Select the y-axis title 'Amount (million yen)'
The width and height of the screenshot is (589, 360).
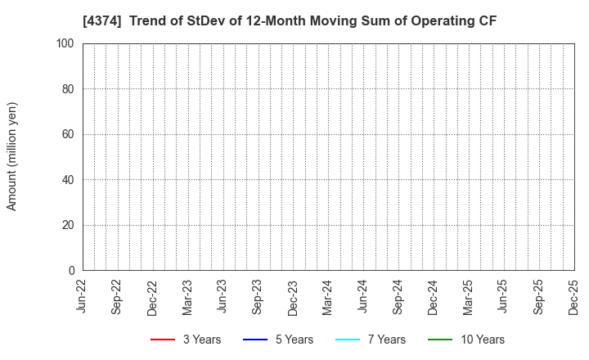12,156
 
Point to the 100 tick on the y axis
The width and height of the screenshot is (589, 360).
67,43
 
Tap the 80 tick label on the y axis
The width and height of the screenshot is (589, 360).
70,89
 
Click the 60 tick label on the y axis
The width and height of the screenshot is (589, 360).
70,134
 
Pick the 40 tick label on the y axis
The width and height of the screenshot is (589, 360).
70,180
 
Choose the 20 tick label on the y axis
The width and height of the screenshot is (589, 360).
70,225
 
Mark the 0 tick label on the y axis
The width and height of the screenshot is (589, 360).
73,271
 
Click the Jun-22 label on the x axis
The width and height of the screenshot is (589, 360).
83,297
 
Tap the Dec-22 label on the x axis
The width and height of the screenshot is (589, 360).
153,297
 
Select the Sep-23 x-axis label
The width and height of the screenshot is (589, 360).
259,297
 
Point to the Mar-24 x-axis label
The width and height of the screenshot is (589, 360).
328,297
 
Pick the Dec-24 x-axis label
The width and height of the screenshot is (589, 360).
434,297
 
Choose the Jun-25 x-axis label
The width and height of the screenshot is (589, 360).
504,297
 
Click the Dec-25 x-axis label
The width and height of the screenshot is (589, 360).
574,297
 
